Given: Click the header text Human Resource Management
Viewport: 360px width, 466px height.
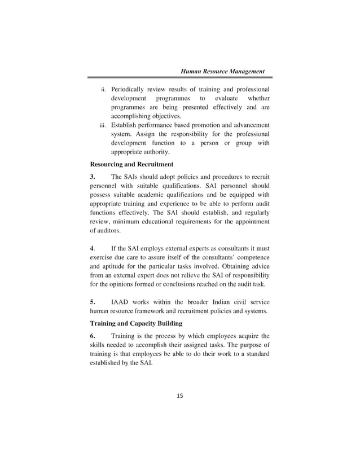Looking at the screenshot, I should point(222,72).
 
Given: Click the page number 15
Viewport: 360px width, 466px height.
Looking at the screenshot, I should point(180,395).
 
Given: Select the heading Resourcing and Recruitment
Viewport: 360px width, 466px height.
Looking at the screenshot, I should point(131,164).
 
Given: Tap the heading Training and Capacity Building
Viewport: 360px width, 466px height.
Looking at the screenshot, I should point(136,323).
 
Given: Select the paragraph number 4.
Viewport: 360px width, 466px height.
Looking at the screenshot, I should point(93,248).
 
